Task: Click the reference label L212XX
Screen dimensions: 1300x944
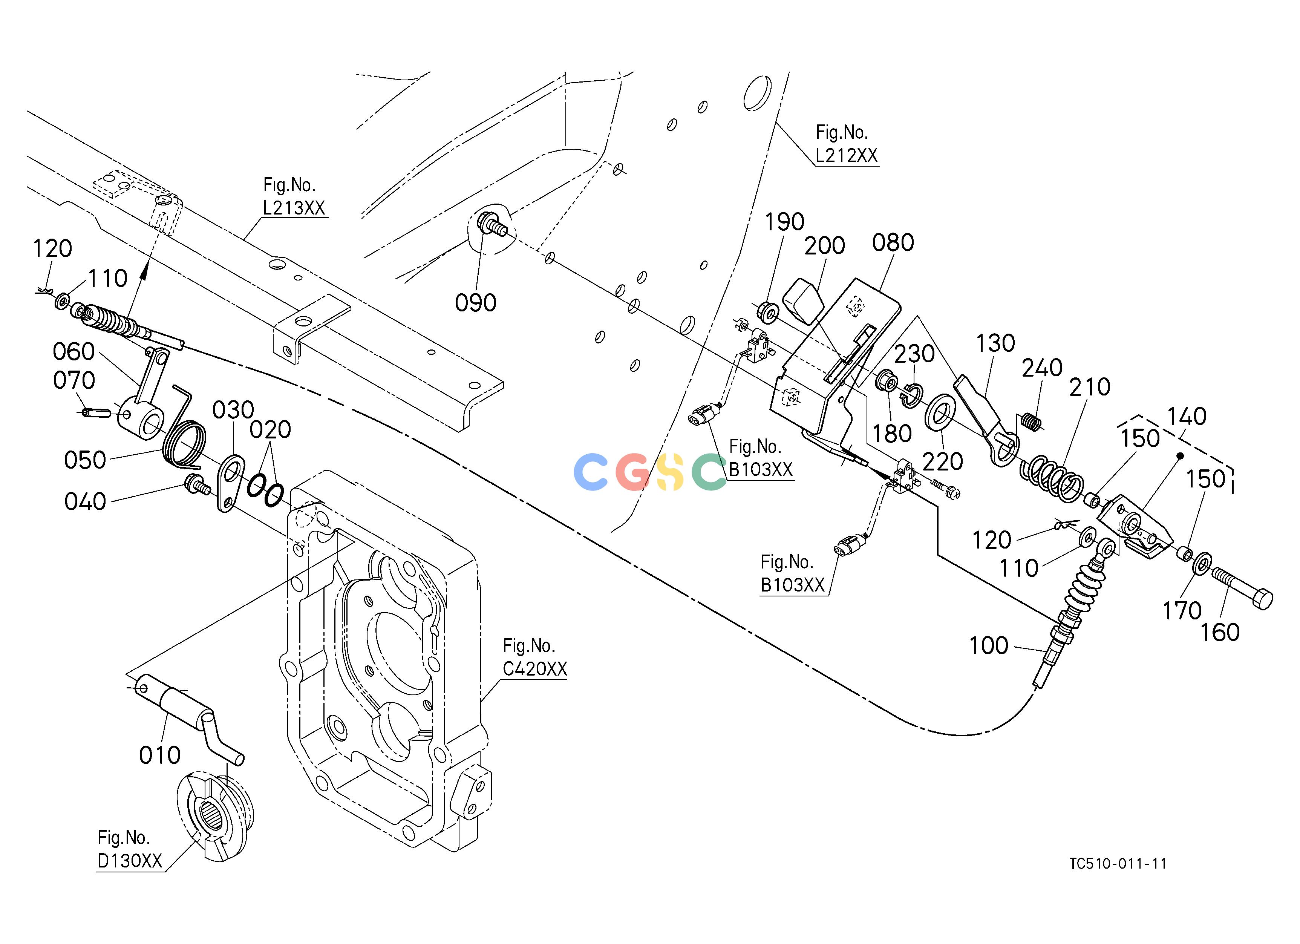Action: point(846,155)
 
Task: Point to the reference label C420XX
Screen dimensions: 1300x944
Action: point(535,668)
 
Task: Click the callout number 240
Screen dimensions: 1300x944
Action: point(1042,368)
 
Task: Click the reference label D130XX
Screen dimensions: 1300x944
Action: point(130,860)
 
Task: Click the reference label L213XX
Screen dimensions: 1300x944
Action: point(294,207)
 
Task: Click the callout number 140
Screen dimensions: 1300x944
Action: point(1187,416)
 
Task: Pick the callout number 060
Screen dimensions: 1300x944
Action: point(73,351)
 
